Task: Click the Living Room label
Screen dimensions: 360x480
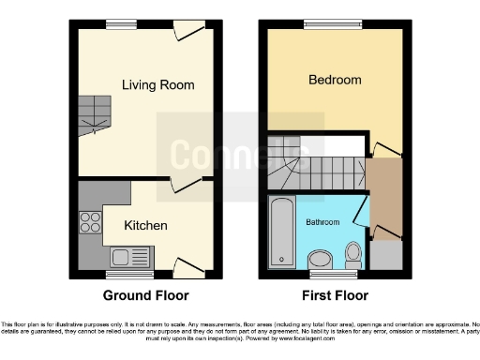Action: point(157,85)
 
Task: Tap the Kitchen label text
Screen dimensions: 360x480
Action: point(146,226)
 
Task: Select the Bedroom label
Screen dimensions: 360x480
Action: point(335,81)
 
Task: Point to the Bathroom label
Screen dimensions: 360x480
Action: point(322,223)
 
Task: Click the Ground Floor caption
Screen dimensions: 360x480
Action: point(147,294)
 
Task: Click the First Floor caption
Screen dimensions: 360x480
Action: point(335,294)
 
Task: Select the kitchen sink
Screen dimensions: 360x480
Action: point(124,256)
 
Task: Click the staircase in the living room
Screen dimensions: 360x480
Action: point(94,113)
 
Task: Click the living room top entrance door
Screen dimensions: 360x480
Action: point(190,30)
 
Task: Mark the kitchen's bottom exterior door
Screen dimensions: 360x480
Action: point(191,266)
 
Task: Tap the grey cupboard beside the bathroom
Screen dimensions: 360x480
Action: point(385,254)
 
